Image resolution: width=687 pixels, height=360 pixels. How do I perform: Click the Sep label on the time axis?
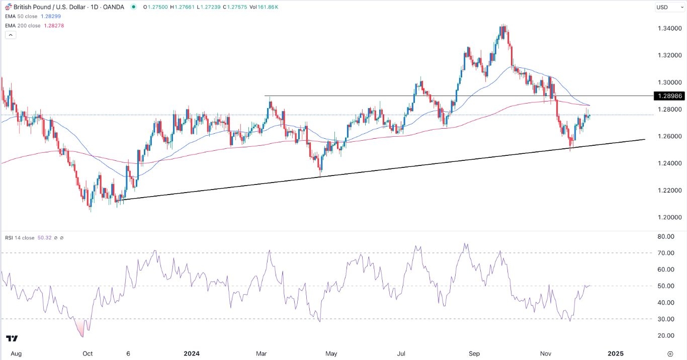475,353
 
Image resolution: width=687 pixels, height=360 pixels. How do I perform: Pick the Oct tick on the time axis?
88,353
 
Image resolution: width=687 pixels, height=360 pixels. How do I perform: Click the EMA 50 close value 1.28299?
52,17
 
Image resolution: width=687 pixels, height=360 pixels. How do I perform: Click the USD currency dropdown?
668,7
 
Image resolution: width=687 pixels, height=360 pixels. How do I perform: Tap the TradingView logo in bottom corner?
12,338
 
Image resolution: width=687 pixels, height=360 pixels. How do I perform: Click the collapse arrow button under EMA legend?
10,35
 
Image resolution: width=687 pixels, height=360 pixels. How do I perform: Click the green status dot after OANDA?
133,7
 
